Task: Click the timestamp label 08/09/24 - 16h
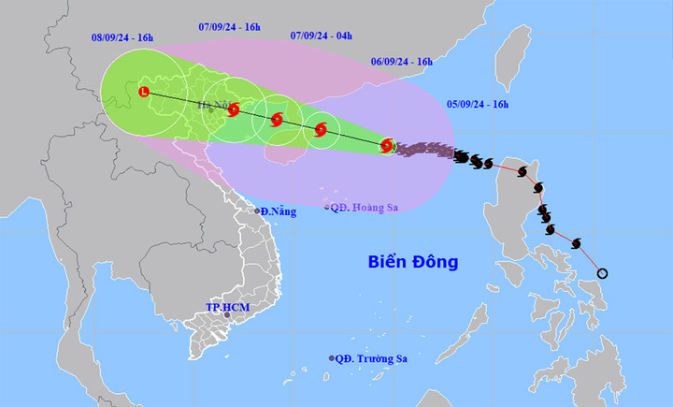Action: click(122, 37)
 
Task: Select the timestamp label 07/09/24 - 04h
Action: click(321, 36)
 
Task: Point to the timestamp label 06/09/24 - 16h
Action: click(402, 62)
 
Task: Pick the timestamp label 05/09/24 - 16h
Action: click(478, 103)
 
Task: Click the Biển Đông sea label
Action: click(412, 262)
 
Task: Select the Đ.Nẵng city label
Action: click(278, 211)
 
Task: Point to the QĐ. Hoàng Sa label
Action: click(363, 207)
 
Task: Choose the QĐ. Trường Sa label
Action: click(373, 358)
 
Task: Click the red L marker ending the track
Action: click(144, 92)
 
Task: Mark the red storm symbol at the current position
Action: click(387, 145)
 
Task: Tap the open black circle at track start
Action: click(602, 273)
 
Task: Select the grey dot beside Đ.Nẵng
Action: click(258, 211)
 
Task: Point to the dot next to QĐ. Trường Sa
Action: click(332, 358)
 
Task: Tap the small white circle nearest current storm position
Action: click(322, 130)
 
